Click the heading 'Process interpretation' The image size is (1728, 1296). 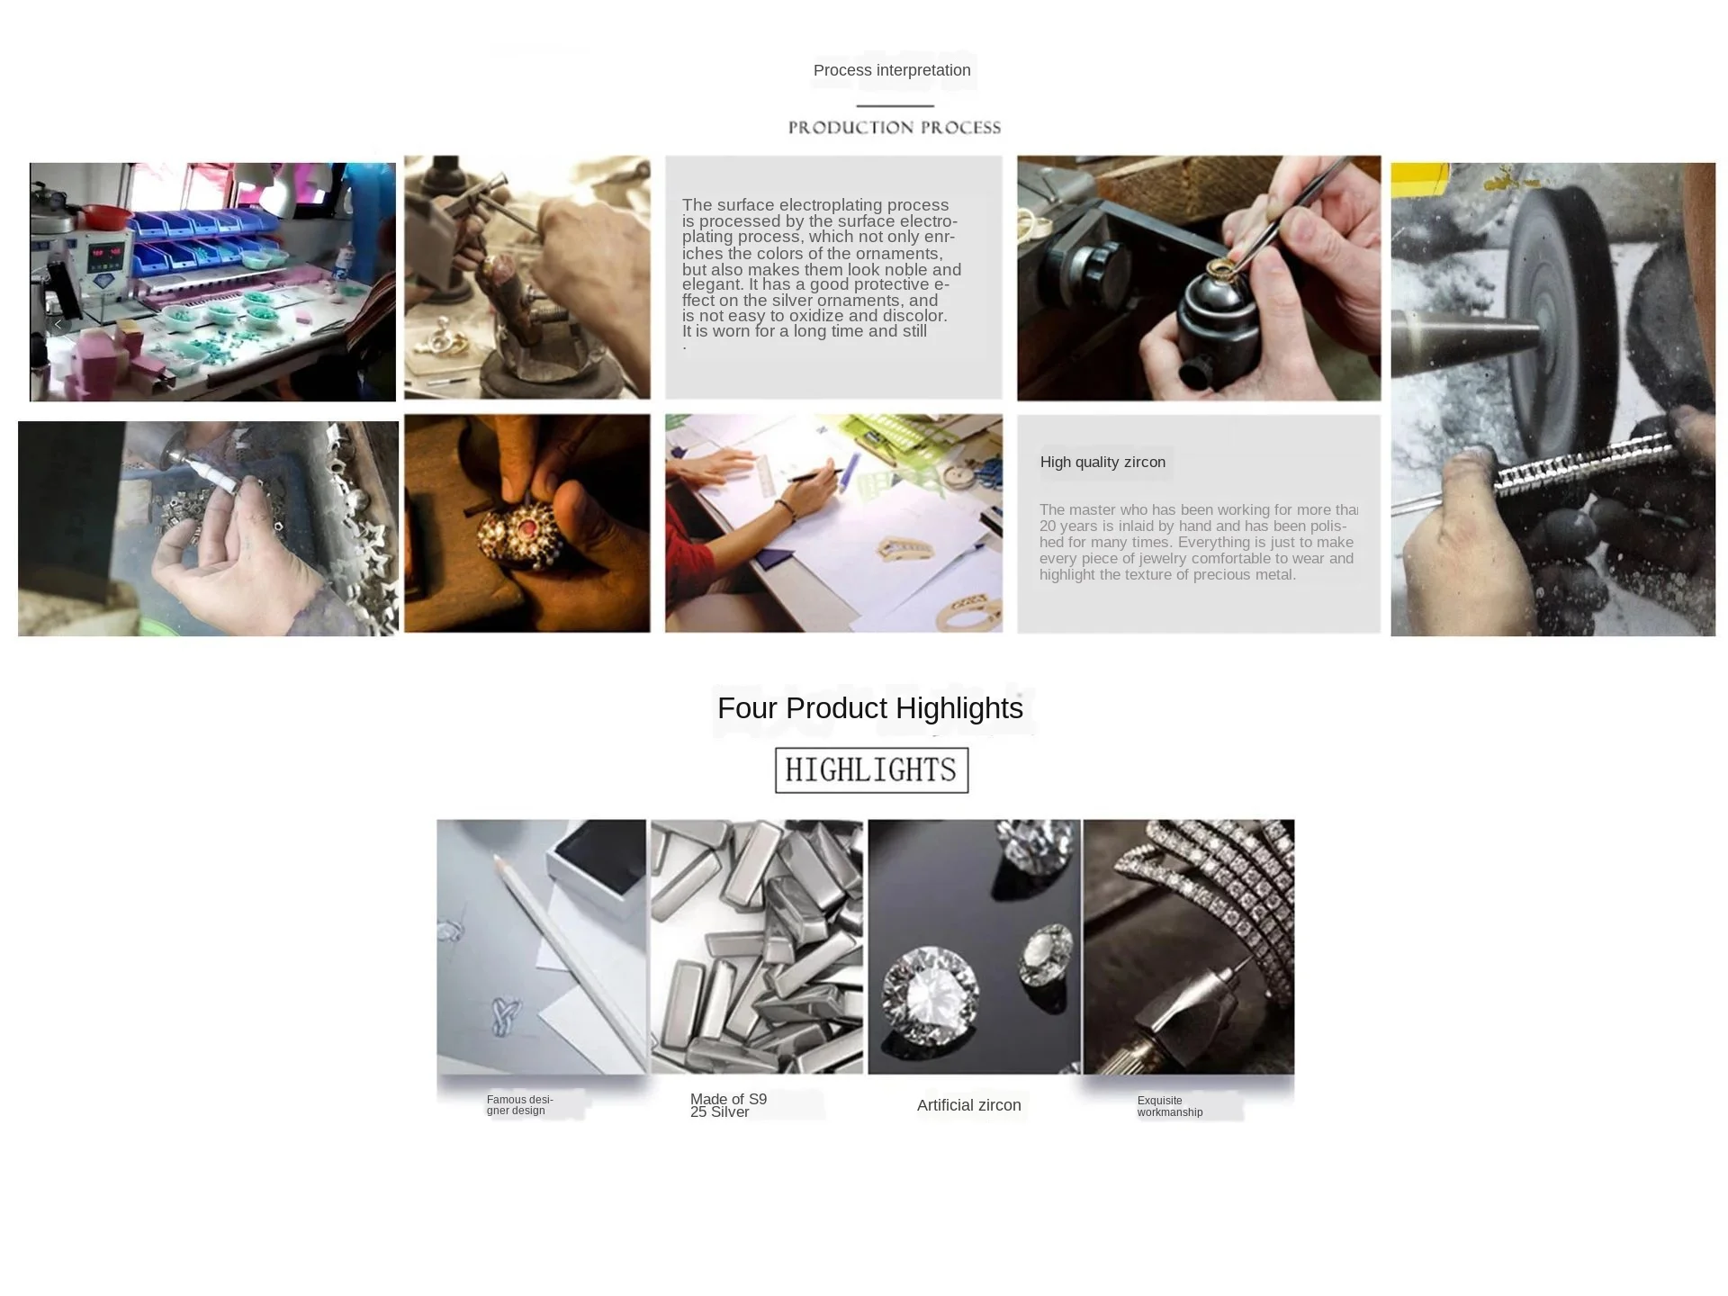(x=892, y=70)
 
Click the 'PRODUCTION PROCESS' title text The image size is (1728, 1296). (x=895, y=128)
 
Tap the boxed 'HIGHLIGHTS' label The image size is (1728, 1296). (x=871, y=770)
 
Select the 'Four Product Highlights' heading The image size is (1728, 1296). (x=870, y=708)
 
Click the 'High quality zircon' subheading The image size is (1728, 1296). (x=1102, y=463)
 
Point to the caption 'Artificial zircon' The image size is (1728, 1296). (x=968, y=1105)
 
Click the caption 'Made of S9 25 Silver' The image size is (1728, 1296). (x=728, y=1105)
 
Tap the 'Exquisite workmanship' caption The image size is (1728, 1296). (x=1169, y=1106)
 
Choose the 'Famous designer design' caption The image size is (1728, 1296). (x=519, y=1105)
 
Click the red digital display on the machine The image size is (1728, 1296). (x=106, y=255)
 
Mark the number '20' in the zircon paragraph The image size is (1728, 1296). (x=1048, y=526)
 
